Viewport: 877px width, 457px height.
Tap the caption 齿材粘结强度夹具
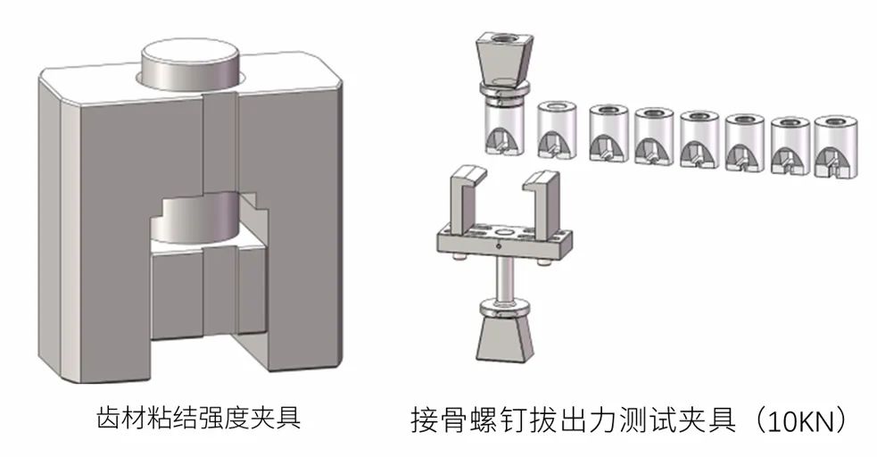point(197,417)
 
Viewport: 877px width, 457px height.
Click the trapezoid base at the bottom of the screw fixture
point(500,338)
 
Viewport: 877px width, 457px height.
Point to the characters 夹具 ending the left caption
point(277,417)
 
